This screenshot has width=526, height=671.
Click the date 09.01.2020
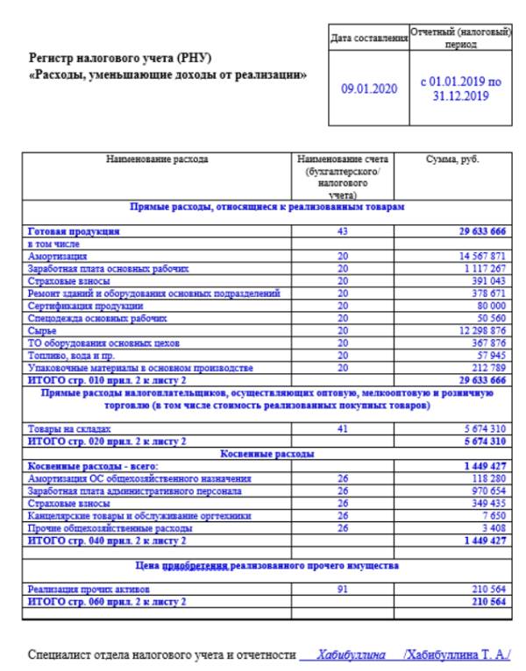(x=367, y=88)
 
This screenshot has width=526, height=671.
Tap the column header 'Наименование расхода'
(x=157, y=160)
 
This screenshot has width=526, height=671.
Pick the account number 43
(x=342, y=231)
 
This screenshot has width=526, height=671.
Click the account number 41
(x=342, y=429)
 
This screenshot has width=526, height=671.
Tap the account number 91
(x=342, y=590)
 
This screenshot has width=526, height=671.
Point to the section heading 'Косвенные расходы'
(x=268, y=454)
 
